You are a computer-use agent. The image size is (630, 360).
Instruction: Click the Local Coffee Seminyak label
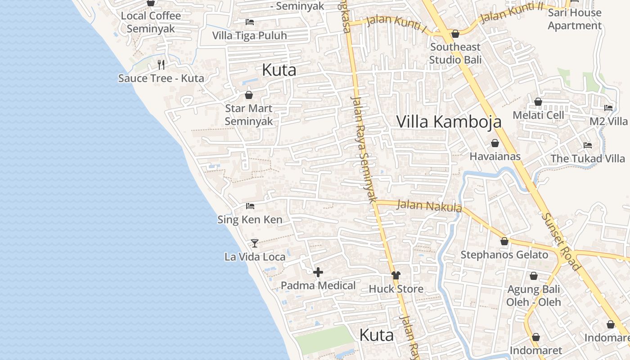pyautogui.click(x=151, y=22)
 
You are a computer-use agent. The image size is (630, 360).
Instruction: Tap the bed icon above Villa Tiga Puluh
pyautogui.click(x=250, y=22)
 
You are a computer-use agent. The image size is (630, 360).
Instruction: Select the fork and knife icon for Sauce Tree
pyautogui.click(x=161, y=65)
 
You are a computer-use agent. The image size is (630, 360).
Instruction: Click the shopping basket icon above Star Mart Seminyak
pyautogui.click(x=248, y=95)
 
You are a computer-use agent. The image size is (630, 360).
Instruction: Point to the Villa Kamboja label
pyautogui.click(x=449, y=121)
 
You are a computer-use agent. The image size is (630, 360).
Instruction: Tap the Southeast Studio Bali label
pyautogui.click(x=455, y=53)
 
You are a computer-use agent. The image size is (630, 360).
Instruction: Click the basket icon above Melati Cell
pyautogui.click(x=538, y=102)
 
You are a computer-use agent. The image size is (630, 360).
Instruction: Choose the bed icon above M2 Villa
pyautogui.click(x=608, y=108)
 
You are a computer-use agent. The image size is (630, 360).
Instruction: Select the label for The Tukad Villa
pyautogui.click(x=588, y=158)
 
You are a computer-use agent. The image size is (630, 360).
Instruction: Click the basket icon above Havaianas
pyautogui.click(x=495, y=143)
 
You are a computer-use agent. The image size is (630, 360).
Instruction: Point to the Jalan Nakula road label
pyautogui.click(x=429, y=206)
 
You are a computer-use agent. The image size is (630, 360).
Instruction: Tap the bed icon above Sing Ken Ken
pyautogui.click(x=250, y=206)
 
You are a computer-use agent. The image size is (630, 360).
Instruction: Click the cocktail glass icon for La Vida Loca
pyautogui.click(x=255, y=243)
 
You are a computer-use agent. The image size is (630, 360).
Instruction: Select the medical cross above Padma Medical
pyautogui.click(x=318, y=272)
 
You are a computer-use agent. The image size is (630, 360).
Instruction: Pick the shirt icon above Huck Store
pyautogui.click(x=396, y=275)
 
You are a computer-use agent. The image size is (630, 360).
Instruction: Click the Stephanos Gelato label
pyautogui.click(x=504, y=255)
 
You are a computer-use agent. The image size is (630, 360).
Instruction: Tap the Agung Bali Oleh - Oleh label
pyautogui.click(x=534, y=295)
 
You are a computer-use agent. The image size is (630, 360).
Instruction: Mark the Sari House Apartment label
pyautogui.click(x=575, y=19)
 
